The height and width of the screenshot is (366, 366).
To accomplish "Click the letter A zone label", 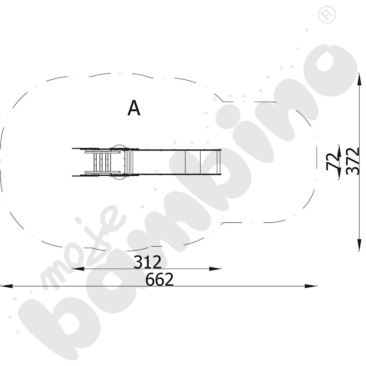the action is [x=134, y=108].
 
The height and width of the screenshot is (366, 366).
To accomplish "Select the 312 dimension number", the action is [x=147, y=262].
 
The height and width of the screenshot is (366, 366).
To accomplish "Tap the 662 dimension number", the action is [x=160, y=279].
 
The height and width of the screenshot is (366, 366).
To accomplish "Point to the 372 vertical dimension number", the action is [x=352, y=161].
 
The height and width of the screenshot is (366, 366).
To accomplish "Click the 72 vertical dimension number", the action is [x=333, y=162].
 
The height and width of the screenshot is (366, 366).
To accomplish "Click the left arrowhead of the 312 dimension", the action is [x=78, y=269].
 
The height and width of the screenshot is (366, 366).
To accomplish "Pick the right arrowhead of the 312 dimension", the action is [x=215, y=269].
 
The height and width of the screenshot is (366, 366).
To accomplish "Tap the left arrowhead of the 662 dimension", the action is [x=7, y=286].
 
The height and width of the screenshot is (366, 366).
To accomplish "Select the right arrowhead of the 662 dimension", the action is [x=311, y=286].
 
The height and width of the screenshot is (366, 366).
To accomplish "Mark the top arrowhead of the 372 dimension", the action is [x=360, y=79].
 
